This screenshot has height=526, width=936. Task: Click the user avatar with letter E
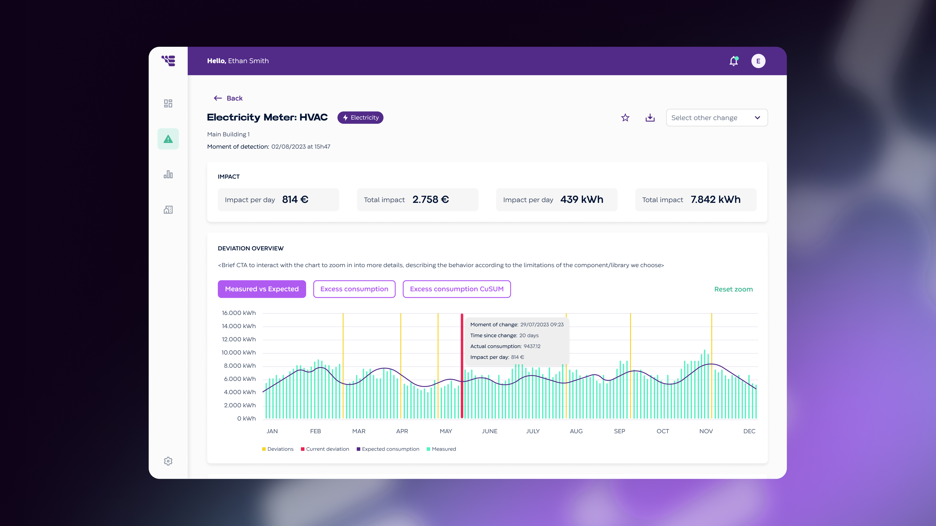[x=758, y=61]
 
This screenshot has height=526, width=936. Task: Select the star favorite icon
[x=625, y=118]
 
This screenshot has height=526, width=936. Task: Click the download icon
[x=650, y=118]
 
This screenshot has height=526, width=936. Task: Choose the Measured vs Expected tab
[x=262, y=289]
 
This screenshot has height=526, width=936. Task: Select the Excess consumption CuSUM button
[x=456, y=289]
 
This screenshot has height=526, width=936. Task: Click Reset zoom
[x=733, y=289]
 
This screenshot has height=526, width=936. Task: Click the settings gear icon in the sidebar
[x=168, y=461]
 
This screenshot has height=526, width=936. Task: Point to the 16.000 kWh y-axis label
[x=239, y=313]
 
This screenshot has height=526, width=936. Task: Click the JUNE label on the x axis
[x=489, y=431]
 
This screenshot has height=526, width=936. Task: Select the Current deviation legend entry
[x=325, y=449]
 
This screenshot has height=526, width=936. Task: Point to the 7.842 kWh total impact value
[x=715, y=200]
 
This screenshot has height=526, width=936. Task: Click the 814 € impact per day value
[x=295, y=200]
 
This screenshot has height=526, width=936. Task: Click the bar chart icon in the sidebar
[x=168, y=174]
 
